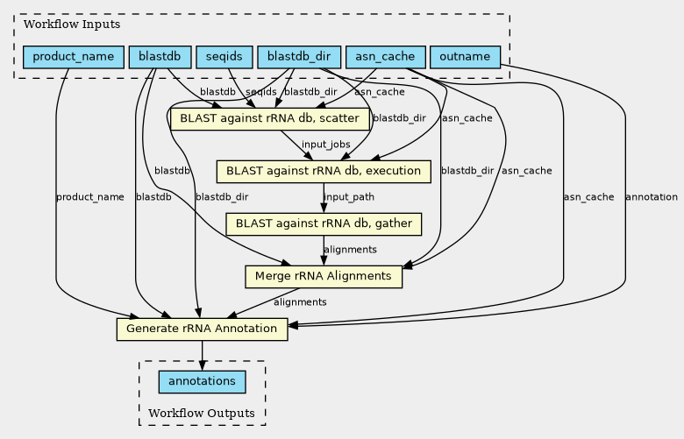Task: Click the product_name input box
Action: pyautogui.click(x=74, y=57)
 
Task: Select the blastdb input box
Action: pyautogui.click(x=160, y=57)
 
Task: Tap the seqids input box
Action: pyautogui.click(x=224, y=57)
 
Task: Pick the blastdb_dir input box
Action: pyautogui.click(x=299, y=57)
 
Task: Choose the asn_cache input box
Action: pyautogui.click(x=385, y=57)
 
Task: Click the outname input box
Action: pyautogui.click(x=465, y=57)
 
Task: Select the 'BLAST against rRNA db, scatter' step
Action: pyautogui.click(x=270, y=119)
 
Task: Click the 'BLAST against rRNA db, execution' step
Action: pyautogui.click(x=324, y=172)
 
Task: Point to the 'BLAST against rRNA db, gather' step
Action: pyautogui.click(x=324, y=224)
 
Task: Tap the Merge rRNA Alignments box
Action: pyautogui.click(x=324, y=276)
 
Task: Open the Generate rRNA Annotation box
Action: pyautogui.click(x=202, y=329)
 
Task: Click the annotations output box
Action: pyautogui.click(x=202, y=382)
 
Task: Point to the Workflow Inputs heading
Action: pyautogui.click(x=72, y=24)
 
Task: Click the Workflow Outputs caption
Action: pyautogui.click(x=202, y=413)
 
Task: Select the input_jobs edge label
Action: pyautogui.click(x=326, y=145)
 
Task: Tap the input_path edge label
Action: pyautogui.click(x=349, y=197)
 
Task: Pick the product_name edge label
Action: pyautogui.click(x=89, y=197)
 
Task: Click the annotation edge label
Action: pyautogui.click(x=652, y=197)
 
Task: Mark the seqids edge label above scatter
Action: pyautogui.click(x=260, y=92)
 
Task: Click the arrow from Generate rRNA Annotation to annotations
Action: pyautogui.click(x=202, y=355)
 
